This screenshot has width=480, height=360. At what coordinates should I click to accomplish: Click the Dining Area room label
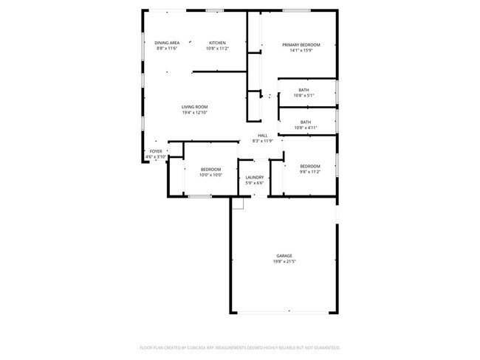tap(167, 43)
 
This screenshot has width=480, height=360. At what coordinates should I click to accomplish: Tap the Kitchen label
tap(217, 43)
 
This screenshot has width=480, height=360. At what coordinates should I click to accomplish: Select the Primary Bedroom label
tap(301, 45)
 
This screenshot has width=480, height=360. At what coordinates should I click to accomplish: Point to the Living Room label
tap(195, 107)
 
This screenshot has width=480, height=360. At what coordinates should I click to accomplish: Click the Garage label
tap(284, 256)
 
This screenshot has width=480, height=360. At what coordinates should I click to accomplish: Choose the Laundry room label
tap(255, 178)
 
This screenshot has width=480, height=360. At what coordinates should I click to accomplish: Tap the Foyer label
tap(156, 151)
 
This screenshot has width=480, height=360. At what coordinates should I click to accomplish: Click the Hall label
tap(262, 136)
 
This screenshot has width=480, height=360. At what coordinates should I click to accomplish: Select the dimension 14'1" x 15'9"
tap(301, 51)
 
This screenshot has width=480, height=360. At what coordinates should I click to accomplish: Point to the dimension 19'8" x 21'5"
tap(284, 262)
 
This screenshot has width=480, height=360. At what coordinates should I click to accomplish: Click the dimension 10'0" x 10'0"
tap(211, 176)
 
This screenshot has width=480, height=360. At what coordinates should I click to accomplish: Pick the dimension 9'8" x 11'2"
tap(309, 172)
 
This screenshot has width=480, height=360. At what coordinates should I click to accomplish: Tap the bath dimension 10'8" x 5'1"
tap(304, 95)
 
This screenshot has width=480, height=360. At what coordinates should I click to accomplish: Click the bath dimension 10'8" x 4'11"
tap(305, 128)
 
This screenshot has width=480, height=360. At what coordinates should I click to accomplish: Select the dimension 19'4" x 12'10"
tap(195, 113)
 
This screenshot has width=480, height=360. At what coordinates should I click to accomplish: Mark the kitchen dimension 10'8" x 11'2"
tap(217, 49)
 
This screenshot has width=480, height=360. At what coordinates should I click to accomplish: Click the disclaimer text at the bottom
tap(240, 347)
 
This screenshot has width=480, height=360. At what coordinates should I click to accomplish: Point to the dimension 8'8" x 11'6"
tap(167, 49)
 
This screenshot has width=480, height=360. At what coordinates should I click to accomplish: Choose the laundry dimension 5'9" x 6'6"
tap(255, 183)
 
